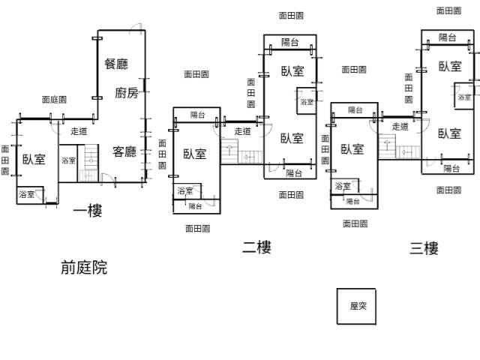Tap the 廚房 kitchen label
(127, 93)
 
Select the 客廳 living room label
(124, 151)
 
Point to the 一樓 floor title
(87, 211)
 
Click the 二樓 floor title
(256, 247)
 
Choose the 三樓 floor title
(424, 248)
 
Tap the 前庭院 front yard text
(84, 268)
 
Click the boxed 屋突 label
(356, 306)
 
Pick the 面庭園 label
(54, 99)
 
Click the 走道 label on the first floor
(79, 132)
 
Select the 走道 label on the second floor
(242, 131)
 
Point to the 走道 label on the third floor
(400, 127)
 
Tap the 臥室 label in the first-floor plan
(34, 159)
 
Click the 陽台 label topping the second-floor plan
(289, 42)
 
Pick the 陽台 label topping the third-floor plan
(448, 37)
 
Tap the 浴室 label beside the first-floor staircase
(68, 160)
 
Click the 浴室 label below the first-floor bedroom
(25, 195)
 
